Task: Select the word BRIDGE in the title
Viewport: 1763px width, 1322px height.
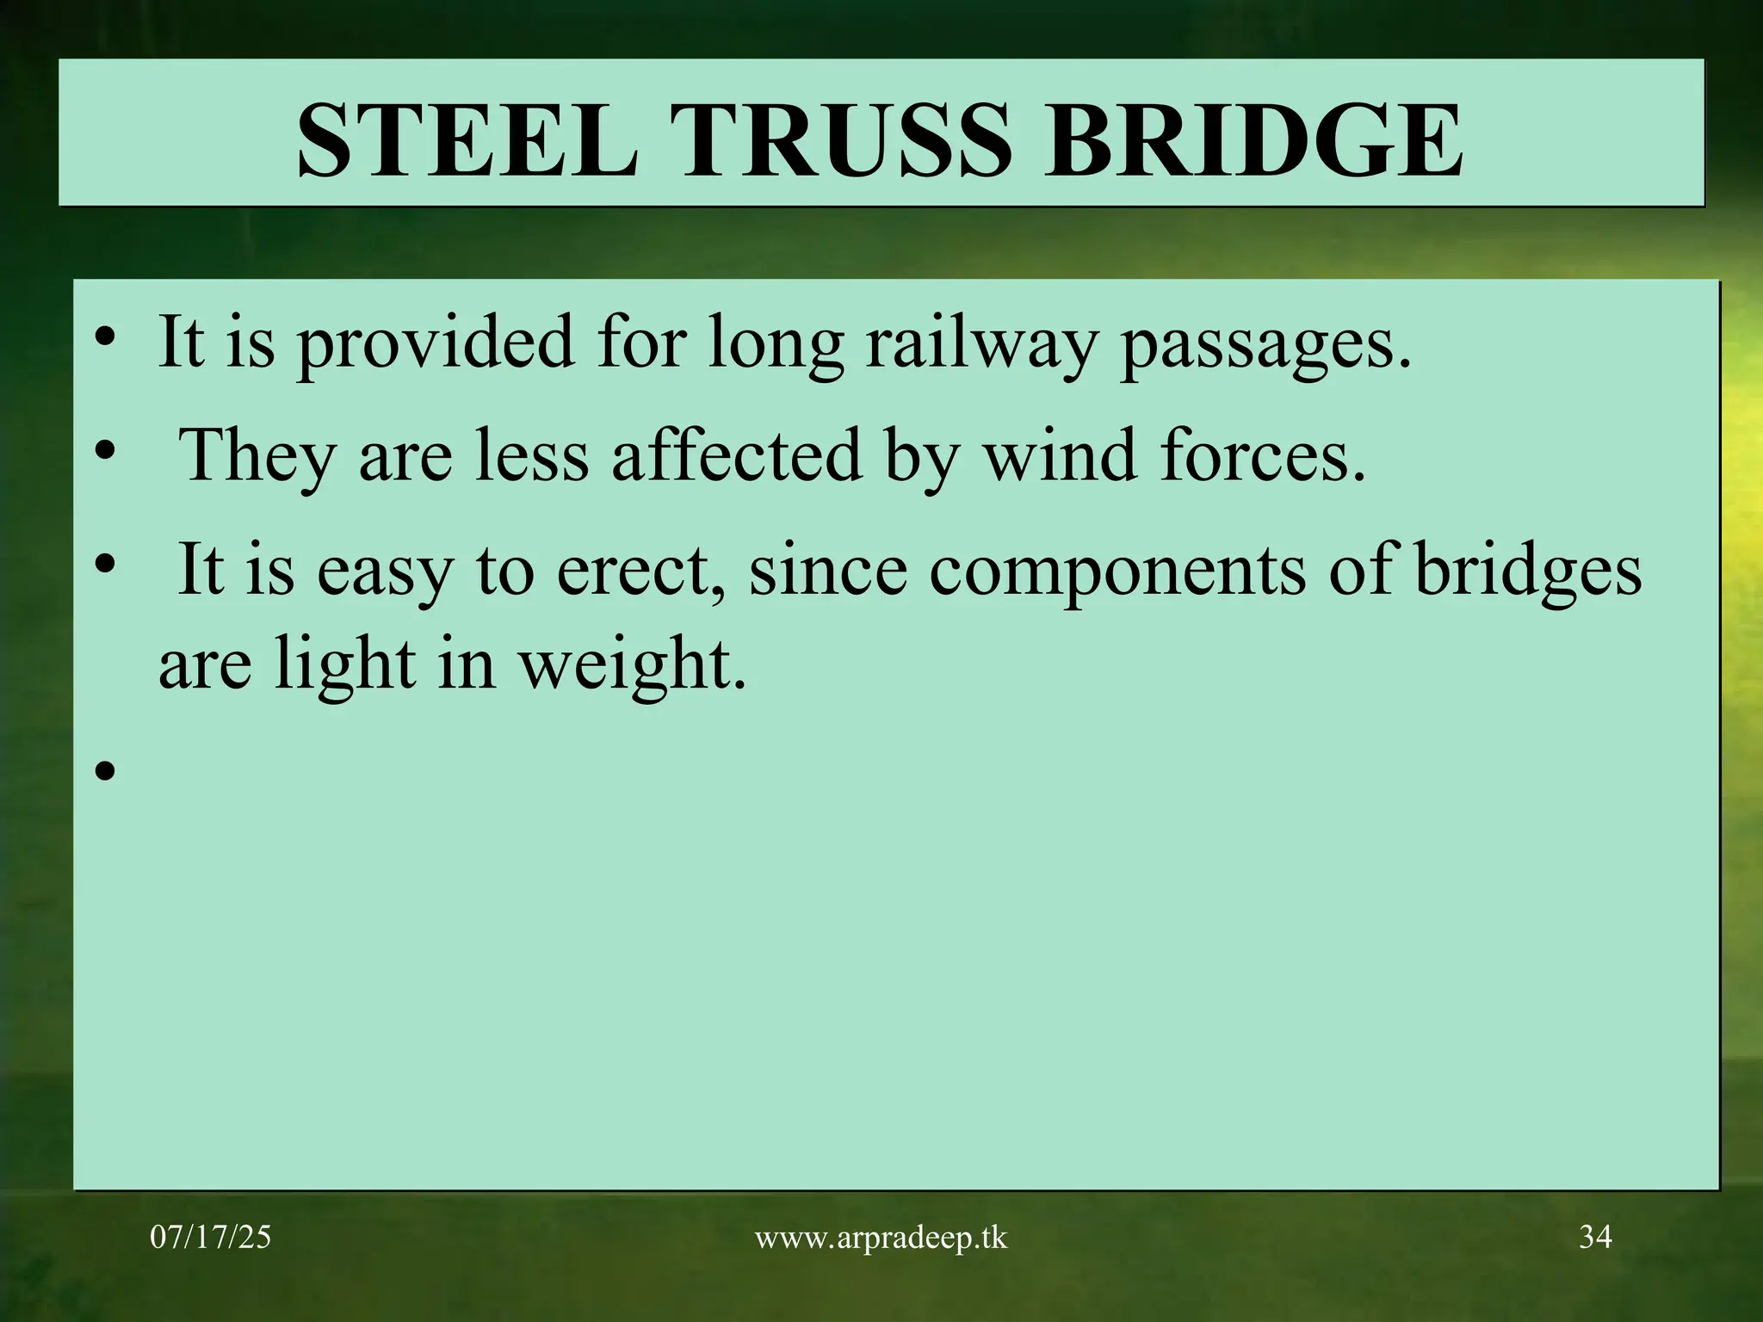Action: click(x=1253, y=139)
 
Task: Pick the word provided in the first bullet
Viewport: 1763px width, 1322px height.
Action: click(x=435, y=344)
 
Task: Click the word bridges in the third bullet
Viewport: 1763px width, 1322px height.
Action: click(x=1529, y=571)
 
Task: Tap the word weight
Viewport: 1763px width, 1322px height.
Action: click(x=634, y=666)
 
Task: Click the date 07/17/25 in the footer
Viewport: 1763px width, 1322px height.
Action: click(x=211, y=1238)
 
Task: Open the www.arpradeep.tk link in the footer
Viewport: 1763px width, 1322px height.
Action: click(x=881, y=1238)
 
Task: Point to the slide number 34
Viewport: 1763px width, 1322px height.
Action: click(x=1595, y=1237)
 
